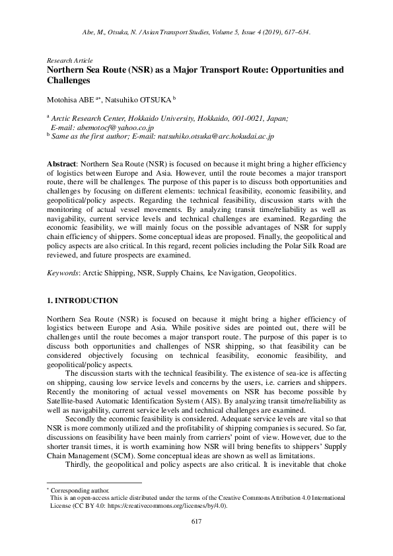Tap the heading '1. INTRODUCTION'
pos(83,300)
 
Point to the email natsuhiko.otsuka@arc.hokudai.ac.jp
pos(215,136)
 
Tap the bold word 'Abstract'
pos(62,162)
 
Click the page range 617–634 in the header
pos(294,31)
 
